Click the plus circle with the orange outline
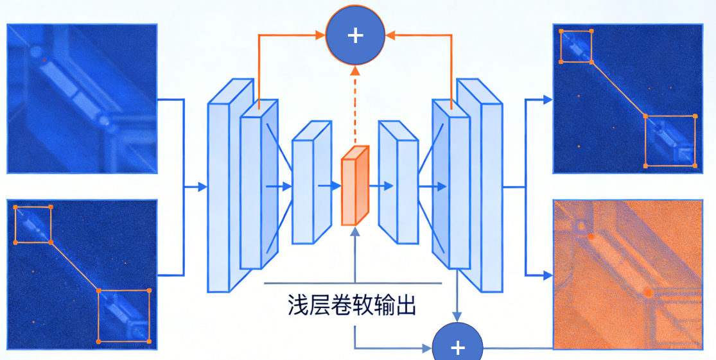[x=355, y=35]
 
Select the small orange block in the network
[x=354, y=187]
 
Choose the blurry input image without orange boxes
[x=82, y=99]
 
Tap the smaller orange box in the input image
[x=33, y=225]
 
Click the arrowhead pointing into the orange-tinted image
[x=547, y=275]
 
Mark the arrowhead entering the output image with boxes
[x=547, y=99]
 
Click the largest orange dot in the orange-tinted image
[x=647, y=292]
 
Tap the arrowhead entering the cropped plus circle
[x=427, y=348]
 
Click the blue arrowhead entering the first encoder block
[x=202, y=187]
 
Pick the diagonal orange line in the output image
[x=618, y=89]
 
